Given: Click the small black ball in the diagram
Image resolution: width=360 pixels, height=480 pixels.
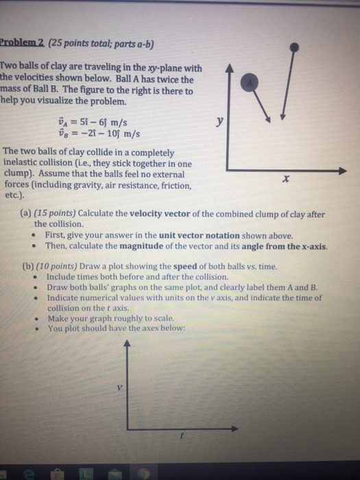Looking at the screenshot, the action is (294, 47).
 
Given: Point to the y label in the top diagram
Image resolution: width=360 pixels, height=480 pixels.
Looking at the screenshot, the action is (219, 121).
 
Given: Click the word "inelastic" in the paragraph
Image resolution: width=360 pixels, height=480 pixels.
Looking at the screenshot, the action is (24, 163).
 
